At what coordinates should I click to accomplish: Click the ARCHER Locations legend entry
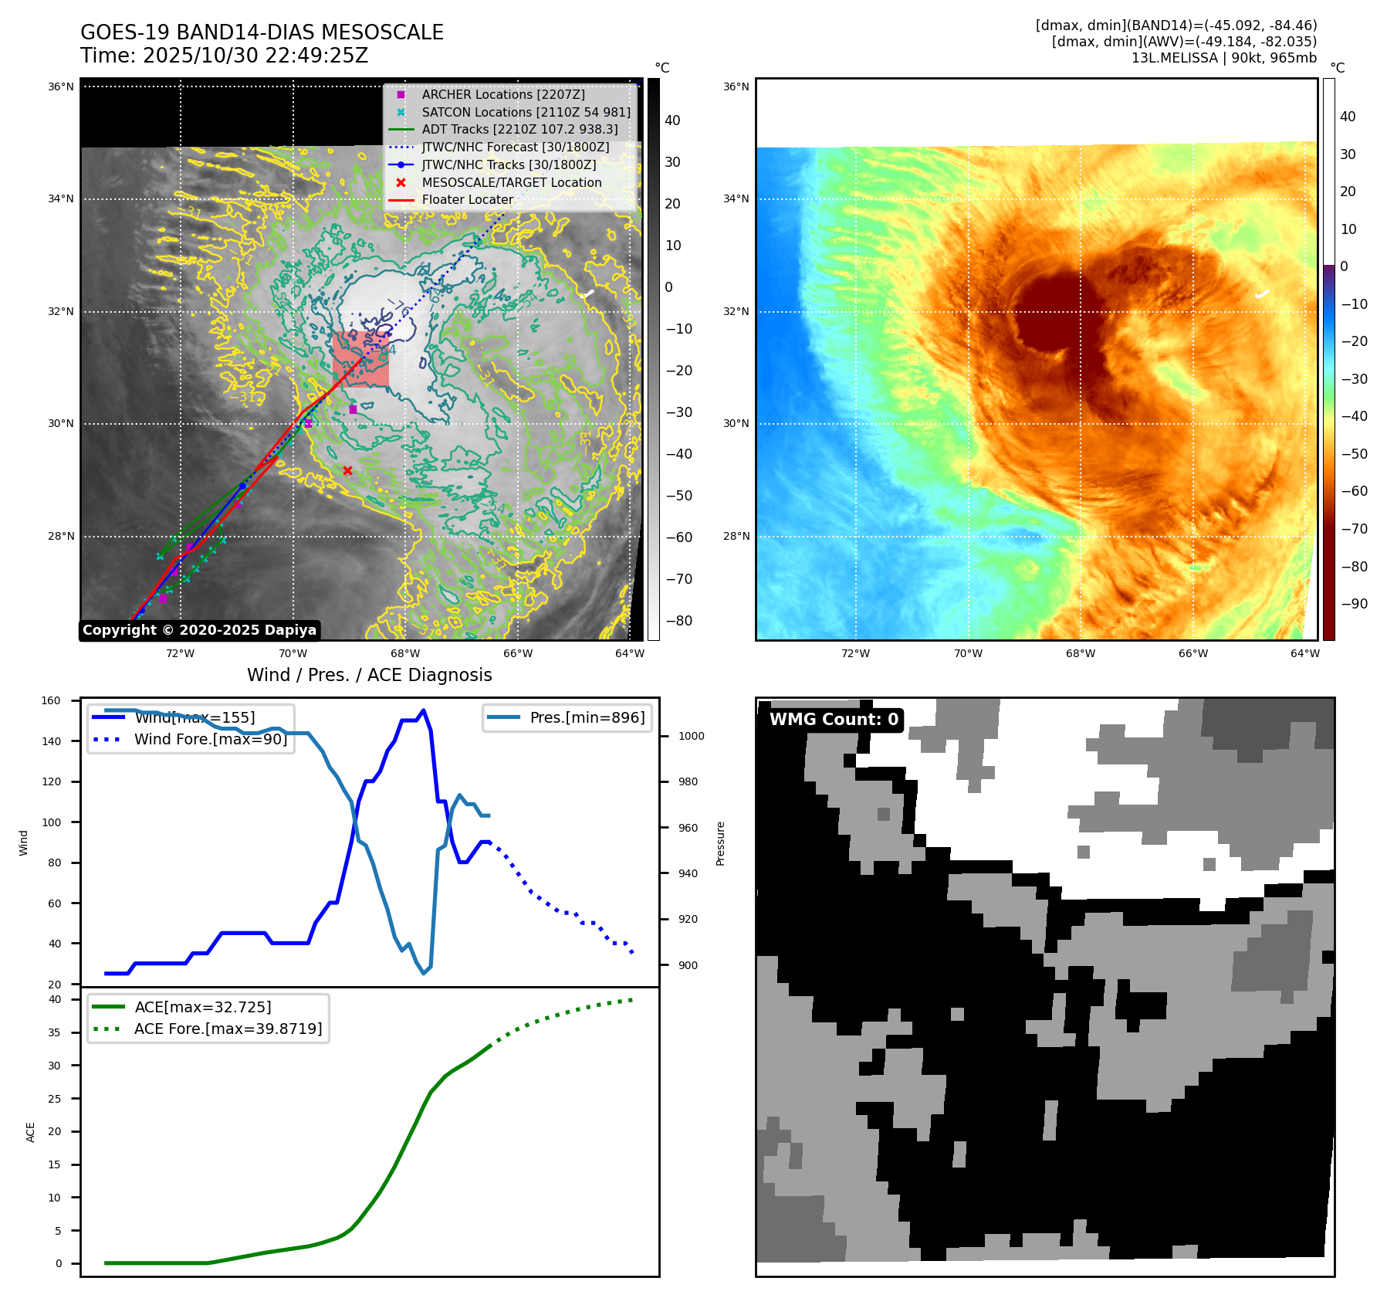(502, 94)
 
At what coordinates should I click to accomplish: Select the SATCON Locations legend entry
(526, 112)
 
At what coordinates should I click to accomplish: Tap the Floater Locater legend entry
(467, 199)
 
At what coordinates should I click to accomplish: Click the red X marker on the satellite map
(347, 470)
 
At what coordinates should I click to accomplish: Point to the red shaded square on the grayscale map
(360, 359)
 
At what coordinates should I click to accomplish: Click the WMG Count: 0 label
(834, 720)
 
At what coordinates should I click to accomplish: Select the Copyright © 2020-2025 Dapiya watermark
(199, 630)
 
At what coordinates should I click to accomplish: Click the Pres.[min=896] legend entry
(587, 717)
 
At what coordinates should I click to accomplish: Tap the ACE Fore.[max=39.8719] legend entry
(228, 1029)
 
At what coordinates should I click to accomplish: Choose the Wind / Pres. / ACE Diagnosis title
(369, 675)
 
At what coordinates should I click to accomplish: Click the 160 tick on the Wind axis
(51, 701)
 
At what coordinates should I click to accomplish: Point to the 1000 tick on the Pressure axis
(691, 736)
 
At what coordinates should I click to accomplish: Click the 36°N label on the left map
(61, 86)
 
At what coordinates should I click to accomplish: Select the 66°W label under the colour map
(1192, 653)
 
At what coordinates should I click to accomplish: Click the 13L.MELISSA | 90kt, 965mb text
(1223, 58)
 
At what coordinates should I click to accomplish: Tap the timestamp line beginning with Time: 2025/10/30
(224, 56)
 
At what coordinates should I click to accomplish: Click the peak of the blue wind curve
(423, 710)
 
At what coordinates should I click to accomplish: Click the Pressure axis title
(720, 843)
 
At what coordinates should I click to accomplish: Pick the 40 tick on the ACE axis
(55, 999)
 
